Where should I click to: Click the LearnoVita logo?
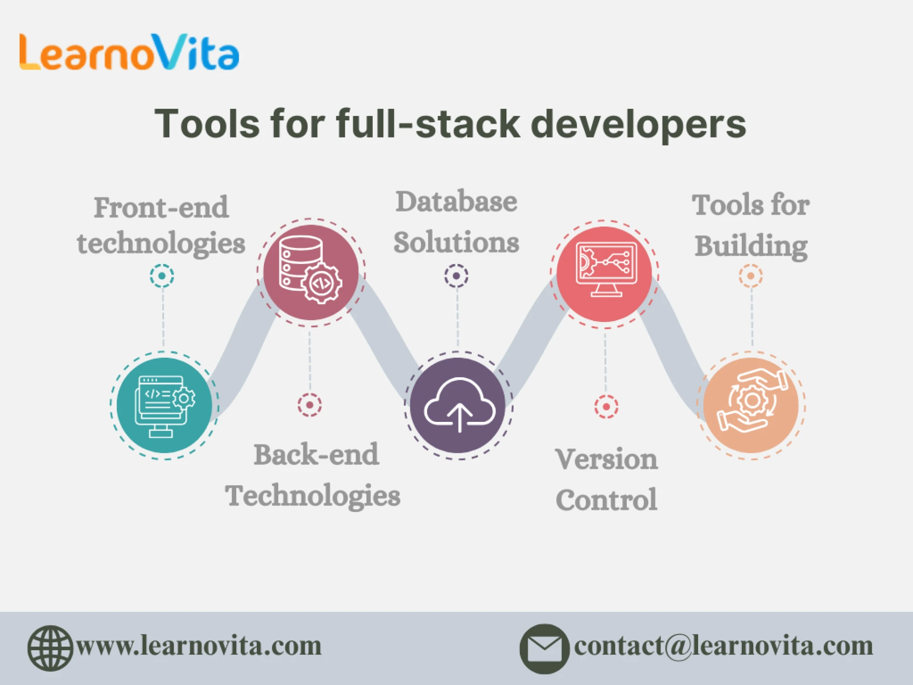[x=129, y=52]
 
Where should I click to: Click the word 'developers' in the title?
[x=638, y=124]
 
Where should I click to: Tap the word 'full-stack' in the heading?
[x=428, y=124]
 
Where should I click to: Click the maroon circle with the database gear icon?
[x=311, y=273]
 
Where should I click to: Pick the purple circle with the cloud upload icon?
[x=458, y=405]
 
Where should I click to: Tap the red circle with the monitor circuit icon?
[x=604, y=274]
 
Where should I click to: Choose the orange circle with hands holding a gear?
[x=751, y=405]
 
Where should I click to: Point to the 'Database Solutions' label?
[x=456, y=222]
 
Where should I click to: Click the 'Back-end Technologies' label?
[x=313, y=475]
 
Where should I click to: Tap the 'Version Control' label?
[x=606, y=479]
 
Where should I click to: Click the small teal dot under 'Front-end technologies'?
[x=162, y=276]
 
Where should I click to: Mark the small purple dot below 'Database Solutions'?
[x=456, y=276]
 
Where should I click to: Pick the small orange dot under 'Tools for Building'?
[x=751, y=276]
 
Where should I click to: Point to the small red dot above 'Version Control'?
[x=606, y=407]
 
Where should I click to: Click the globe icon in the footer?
[x=50, y=648]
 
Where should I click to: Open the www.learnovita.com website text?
[x=199, y=646]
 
